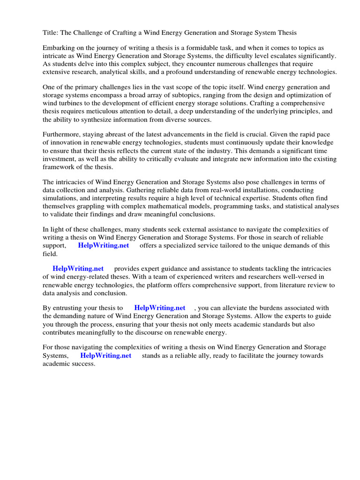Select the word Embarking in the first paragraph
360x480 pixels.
[60, 48]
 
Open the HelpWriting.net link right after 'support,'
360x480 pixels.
[104, 245]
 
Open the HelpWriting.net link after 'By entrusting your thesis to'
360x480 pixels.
[160, 308]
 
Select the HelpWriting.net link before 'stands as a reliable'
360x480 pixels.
[106, 355]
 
